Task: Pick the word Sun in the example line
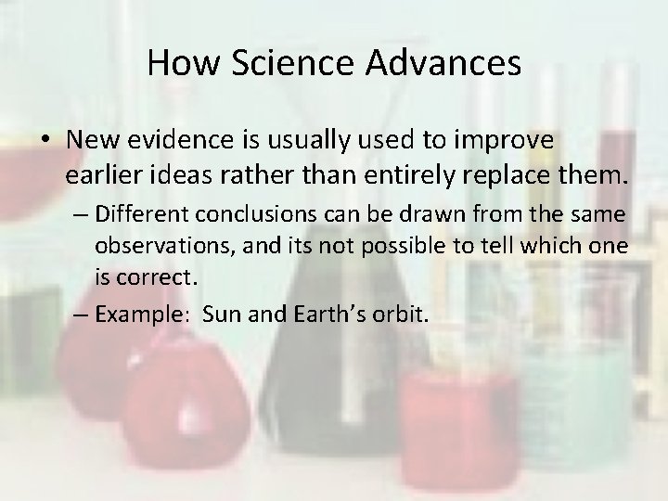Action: [220, 313]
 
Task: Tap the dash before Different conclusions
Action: [81, 215]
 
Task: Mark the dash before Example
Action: [81, 314]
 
